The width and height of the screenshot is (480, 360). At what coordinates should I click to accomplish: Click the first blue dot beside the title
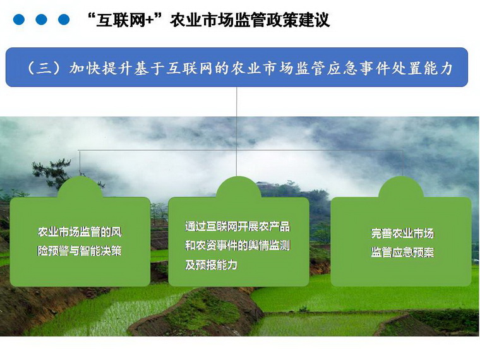coord(19,20)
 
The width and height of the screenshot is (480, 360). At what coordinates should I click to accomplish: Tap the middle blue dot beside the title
coord(41,20)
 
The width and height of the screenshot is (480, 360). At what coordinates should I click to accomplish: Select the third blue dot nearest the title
coord(64,20)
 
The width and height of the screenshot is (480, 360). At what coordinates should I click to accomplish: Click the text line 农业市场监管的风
coord(80,232)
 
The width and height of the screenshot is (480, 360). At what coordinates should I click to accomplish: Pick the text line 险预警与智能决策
coord(80,251)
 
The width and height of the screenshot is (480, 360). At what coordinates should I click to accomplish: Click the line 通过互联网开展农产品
coord(237,227)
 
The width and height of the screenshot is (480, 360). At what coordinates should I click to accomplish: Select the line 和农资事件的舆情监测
coord(237,246)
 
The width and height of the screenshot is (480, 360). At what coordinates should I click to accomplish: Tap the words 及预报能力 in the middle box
coord(211,265)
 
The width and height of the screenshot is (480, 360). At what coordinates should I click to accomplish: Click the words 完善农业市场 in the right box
coord(402,233)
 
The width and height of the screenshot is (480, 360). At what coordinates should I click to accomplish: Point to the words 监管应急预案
coord(402,252)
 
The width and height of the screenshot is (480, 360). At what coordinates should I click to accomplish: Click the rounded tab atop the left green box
coord(80,188)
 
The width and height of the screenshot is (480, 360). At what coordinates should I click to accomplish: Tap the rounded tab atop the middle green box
coord(239,188)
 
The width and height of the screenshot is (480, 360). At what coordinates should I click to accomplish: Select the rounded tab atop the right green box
coord(401,188)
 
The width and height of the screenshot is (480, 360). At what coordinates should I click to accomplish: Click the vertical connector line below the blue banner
coord(237,131)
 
